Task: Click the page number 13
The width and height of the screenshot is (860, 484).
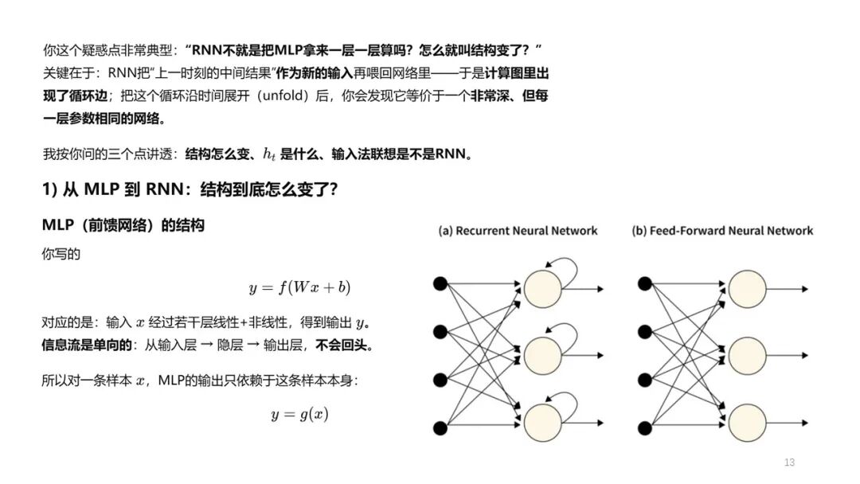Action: point(789,463)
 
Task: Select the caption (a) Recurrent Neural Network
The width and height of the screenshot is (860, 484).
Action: point(518,231)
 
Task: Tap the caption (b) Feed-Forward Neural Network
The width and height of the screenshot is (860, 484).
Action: point(722,231)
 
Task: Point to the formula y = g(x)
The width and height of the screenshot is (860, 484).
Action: point(299,414)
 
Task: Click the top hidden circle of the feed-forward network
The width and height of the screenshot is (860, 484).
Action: point(747,288)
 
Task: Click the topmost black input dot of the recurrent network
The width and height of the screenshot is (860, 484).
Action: point(438,283)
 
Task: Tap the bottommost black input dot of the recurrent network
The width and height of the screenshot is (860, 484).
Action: point(438,428)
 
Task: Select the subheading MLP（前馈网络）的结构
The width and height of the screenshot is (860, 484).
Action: point(123,225)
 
